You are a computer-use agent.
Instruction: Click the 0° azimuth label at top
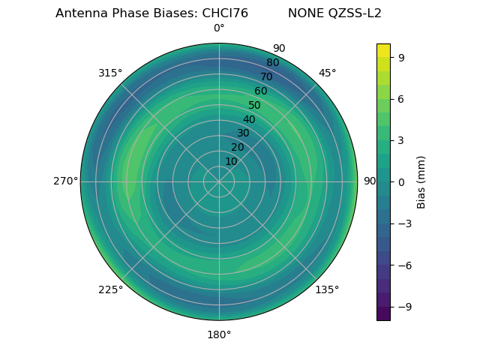click(x=219, y=28)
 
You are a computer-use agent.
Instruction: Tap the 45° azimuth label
click(x=327, y=73)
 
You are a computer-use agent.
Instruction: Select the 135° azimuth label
click(x=327, y=289)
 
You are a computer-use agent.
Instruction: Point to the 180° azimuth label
click(x=219, y=334)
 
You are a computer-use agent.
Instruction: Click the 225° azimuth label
click(x=110, y=289)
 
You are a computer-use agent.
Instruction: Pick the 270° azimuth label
click(x=65, y=181)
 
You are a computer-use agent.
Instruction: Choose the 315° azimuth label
click(x=110, y=73)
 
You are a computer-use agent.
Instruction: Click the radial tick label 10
click(x=231, y=161)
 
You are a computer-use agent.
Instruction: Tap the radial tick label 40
click(x=249, y=119)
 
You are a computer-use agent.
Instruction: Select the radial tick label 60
click(x=260, y=91)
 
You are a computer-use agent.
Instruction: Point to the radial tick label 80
click(x=272, y=62)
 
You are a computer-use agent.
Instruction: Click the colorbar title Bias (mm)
click(x=421, y=181)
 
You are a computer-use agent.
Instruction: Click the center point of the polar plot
click(x=219, y=181)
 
